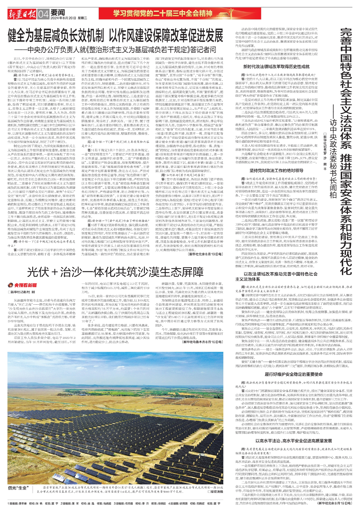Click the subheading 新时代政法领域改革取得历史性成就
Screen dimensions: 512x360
point(276,67)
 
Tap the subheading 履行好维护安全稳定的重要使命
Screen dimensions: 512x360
point(294,374)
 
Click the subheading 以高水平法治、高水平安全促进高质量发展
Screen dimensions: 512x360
point(294,441)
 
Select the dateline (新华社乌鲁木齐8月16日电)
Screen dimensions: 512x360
point(203,342)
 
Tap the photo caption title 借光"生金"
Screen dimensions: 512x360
point(19,488)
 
